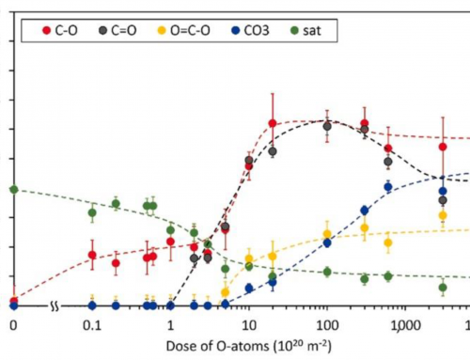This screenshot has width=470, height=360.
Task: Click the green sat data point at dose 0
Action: click(13, 189)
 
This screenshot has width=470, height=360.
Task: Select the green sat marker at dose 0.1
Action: click(92, 212)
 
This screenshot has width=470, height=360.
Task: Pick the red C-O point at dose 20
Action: click(273, 123)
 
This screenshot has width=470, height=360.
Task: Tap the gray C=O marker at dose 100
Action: click(326, 125)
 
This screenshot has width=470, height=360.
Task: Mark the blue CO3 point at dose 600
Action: click(388, 187)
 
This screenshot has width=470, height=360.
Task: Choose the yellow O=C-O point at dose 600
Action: click(388, 243)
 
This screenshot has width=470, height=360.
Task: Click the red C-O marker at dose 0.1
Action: click(92, 255)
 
